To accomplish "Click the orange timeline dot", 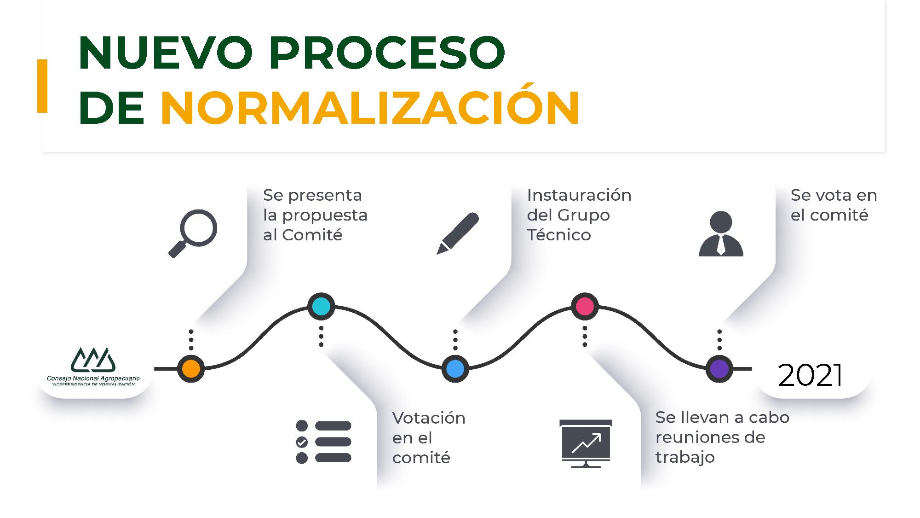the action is click(x=191, y=369).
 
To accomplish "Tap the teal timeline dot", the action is click(x=321, y=306).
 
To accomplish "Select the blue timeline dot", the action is click(x=455, y=369).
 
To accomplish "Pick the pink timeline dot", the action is click(x=585, y=306).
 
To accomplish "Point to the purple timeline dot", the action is click(x=719, y=369).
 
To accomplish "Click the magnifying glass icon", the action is click(x=193, y=233).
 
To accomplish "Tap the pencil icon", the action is click(x=457, y=233).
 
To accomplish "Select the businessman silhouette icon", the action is click(x=721, y=233).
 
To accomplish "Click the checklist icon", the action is click(x=323, y=442).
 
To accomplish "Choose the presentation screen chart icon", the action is click(x=586, y=443).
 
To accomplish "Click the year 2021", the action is click(x=811, y=375).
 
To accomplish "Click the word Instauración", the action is click(x=579, y=195).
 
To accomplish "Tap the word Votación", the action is click(x=429, y=418).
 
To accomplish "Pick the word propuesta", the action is click(x=325, y=215).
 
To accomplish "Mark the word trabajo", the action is click(x=685, y=457).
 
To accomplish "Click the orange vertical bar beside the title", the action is click(x=42, y=86).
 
